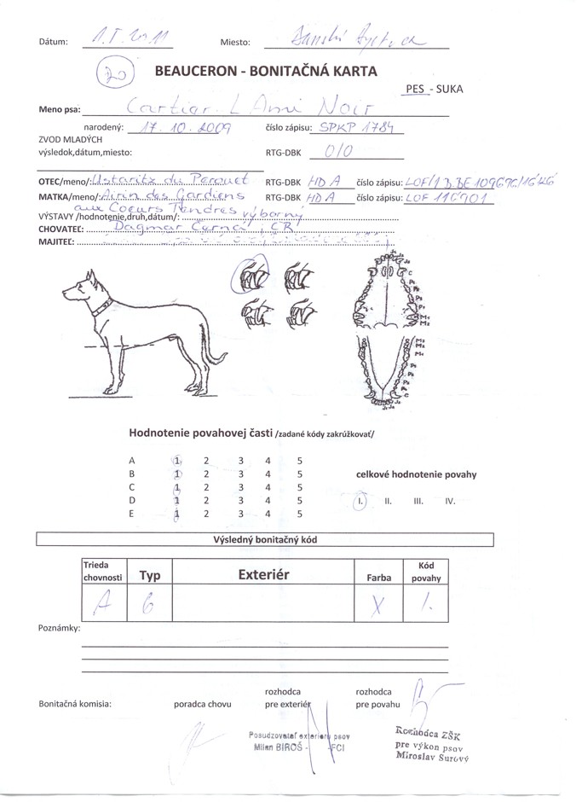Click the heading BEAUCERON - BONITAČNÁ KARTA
pos(265,72)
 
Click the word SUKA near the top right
pos(449,88)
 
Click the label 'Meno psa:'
pos(60,110)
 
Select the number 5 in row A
pos(299,460)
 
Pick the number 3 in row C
pos(241,487)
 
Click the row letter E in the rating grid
pos(131,514)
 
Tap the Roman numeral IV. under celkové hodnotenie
pos(451,502)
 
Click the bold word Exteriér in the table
pos(264,575)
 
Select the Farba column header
pos(378,578)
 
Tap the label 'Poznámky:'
pos(60,628)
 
